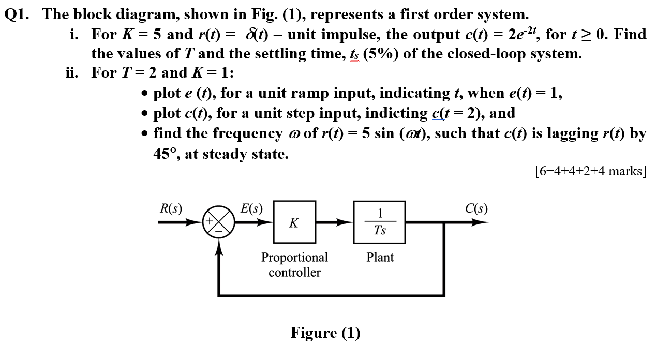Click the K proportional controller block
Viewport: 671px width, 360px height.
pyautogui.click(x=294, y=222)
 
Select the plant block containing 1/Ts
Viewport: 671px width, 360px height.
pyautogui.click(x=379, y=222)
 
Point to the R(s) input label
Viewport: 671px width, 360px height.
pyautogui.click(x=170, y=208)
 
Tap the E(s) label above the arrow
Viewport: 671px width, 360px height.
pyautogui.click(x=251, y=208)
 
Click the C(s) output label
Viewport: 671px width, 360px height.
pyautogui.click(x=475, y=208)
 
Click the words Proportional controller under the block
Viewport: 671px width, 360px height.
pyautogui.click(x=294, y=265)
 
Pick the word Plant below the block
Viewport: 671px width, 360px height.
pyautogui.click(x=380, y=257)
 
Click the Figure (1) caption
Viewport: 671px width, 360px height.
pyautogui.click(x=325, y=333)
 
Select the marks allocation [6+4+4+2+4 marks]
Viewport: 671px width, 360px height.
pyautogui.click(x=591, y=171)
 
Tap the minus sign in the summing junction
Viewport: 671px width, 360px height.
pyautogui.click(x=219, y=231)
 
